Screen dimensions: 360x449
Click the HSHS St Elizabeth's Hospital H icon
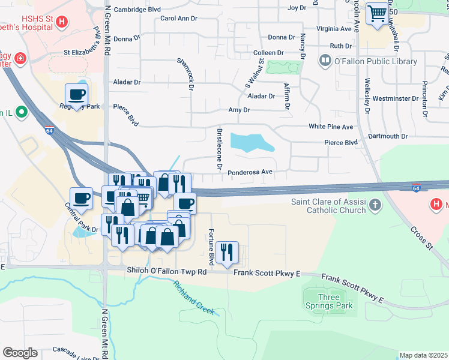[x=61, y=23]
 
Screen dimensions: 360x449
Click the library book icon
[x=325, y=61]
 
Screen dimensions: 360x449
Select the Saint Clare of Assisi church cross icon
[x=375, y=206]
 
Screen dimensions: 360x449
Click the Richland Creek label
[x=194, y=299]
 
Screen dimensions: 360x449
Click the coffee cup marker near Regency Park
[x=77, y=94]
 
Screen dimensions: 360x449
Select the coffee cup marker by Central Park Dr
[x=81, y=197]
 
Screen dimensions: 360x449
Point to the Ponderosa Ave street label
[x=250, y=172]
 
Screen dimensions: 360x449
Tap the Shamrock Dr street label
[x=185, y=74]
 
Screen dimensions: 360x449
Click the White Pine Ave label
[x=331, y=127]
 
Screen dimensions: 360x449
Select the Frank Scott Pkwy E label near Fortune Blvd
[x=266, y=274]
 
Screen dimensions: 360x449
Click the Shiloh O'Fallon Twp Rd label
[x=166, y=272]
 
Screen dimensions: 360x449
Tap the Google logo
[x=20, y=353]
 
